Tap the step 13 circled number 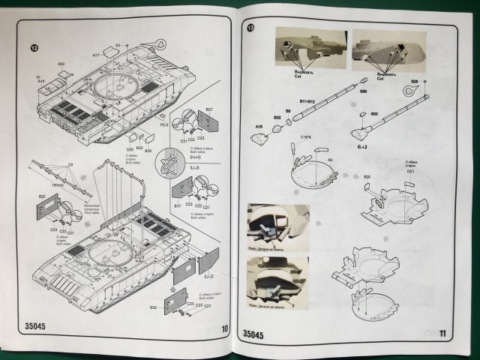click(250, 29)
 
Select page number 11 click(443, 332)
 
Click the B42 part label click(61, 64)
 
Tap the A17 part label click(97, 55)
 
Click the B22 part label click(41, 197)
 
